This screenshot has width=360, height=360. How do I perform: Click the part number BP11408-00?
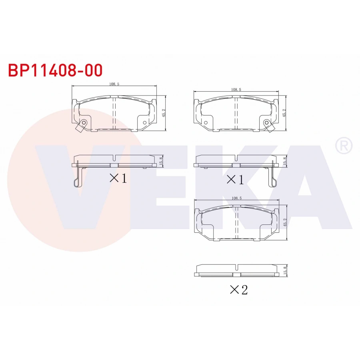(x=56, y=70)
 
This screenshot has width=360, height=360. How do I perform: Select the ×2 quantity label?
(x=239, y=290)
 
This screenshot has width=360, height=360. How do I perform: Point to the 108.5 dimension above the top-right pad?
(x=236, y=90)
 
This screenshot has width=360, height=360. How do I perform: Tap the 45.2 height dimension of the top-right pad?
(x=284, y=113)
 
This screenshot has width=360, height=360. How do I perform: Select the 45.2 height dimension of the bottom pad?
(x=285, y=222)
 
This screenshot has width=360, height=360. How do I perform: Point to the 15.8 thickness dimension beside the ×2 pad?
(x=285, y=270)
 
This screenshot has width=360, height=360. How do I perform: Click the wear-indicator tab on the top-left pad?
(x=80, y=128)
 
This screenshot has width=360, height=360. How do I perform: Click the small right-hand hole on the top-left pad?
(x=145, y=122)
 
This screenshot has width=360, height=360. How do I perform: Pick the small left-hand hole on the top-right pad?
(x=206, y=122)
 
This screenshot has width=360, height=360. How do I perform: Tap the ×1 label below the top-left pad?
(x=118, y=178)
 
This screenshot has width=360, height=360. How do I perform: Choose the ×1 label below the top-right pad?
(x=235, y=180)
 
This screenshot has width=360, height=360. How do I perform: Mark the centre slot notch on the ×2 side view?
(x=237, y=267)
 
